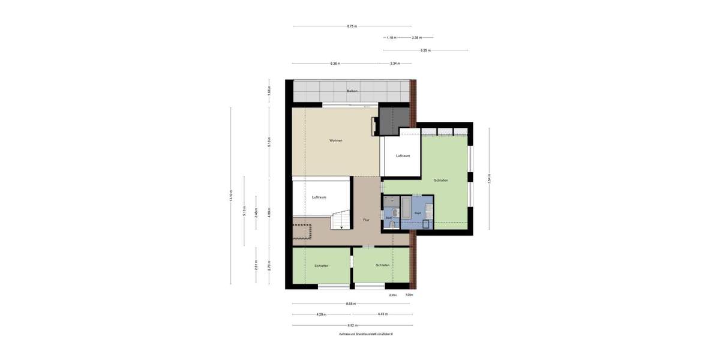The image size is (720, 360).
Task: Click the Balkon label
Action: point(352,91)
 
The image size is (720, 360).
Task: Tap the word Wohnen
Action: point(335,140)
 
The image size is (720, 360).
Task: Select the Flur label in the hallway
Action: point(366,220)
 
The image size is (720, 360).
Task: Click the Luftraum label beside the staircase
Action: point(319,197)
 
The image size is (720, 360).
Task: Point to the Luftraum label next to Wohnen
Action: point(403,156)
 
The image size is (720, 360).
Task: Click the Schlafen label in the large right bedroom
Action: point(441,181)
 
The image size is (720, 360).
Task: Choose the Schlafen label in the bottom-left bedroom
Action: point(321,266)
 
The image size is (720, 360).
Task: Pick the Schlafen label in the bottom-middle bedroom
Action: point(383,265)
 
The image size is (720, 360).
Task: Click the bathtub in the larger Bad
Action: point(406,208)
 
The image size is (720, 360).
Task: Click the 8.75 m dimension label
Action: point(352,26)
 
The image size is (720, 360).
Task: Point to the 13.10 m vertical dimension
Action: point(230,196)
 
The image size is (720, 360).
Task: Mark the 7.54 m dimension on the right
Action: point(489,179)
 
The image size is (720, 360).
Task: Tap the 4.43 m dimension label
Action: point(382,314)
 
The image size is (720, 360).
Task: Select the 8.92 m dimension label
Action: point(352,326)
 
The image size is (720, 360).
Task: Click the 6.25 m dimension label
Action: point(425,50)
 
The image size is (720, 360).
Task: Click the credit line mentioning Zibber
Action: point(365,334)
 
